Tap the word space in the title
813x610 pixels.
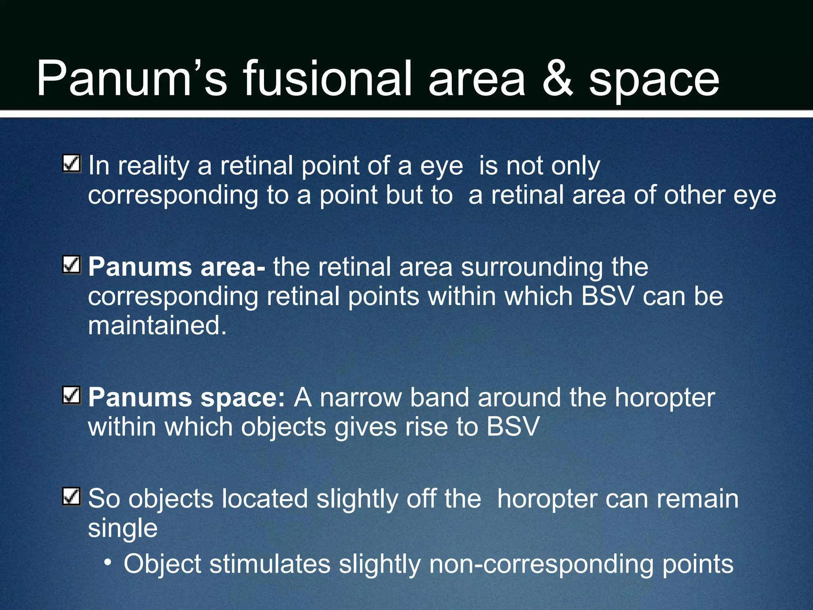tap(653, 81)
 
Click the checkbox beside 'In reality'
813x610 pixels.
tap(72, 164)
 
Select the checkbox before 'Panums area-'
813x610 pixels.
tap(72, 265)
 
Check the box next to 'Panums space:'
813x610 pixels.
tap(72, 395)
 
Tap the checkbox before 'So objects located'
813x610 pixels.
tap(72, 496)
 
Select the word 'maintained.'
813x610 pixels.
tap(157, 326)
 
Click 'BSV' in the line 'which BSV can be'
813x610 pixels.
tap(607, 296)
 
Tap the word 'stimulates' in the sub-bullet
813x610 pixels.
tap(270, 564)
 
